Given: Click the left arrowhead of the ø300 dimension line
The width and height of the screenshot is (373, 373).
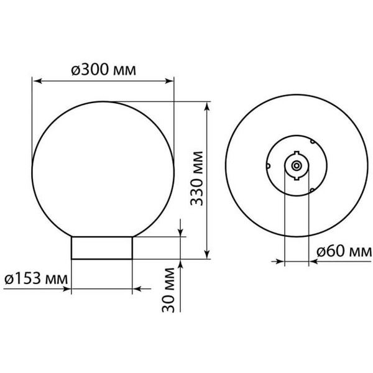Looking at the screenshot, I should (x=36, y=81).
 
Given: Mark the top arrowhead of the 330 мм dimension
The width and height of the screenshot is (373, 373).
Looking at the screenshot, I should (x=206, y=106).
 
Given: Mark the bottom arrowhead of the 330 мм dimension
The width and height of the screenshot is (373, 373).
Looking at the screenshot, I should (x=206, y=254).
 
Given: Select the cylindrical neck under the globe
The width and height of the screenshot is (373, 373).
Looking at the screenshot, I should (x=102, y=247).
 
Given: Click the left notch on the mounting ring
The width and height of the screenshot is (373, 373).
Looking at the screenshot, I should (x=267, y=166).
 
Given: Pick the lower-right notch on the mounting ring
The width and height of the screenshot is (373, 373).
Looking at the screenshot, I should (x=311, y=190).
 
